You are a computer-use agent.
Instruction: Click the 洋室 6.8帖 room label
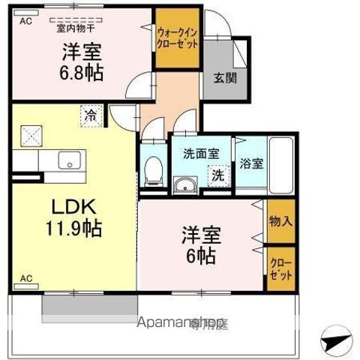click(82, 62)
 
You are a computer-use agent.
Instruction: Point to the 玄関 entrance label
click(222, 77)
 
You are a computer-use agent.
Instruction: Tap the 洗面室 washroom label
click(201, 153)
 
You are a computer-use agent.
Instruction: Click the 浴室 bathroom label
click(251, 165)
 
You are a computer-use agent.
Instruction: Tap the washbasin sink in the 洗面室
click(184, 184)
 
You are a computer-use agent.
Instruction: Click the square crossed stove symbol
click(34, 136)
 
